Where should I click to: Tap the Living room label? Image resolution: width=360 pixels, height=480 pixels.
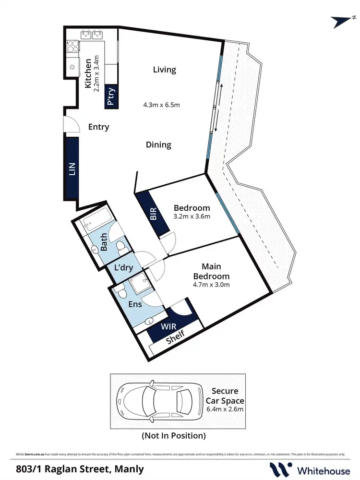[165, 70]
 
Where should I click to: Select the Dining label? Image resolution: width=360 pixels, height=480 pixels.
[158, 144]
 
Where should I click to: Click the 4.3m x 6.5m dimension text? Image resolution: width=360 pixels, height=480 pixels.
[161, 105]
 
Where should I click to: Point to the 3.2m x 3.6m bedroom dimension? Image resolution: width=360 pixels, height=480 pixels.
[192, 216]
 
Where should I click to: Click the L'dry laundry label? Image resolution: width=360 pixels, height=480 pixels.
[123, 267]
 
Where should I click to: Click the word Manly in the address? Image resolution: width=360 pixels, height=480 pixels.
[130, 469]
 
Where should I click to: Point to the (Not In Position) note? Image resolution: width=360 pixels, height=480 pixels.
[173, 436]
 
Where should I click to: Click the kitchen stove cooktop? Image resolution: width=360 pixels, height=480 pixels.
[72, 46]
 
